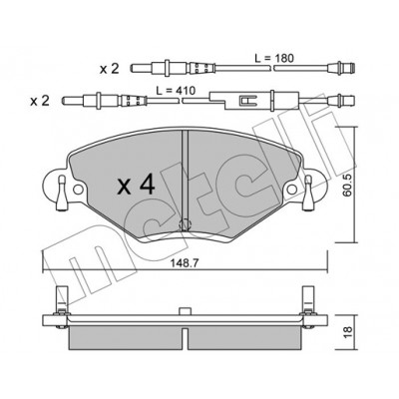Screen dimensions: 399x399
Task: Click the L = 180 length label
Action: (x=274, y=59)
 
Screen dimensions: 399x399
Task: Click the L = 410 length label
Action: (x=176, y=90)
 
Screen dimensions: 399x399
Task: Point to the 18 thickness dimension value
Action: (x=348, y=331)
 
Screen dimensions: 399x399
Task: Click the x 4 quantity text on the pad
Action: (x=137, y=186)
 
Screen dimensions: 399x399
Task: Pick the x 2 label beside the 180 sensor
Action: (x=110, y=69)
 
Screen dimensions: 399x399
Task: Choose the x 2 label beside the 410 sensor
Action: (x=40, y=101)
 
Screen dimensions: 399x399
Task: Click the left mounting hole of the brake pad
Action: (x=78, y=190)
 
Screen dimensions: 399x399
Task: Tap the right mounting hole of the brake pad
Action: (x=292, y=190)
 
